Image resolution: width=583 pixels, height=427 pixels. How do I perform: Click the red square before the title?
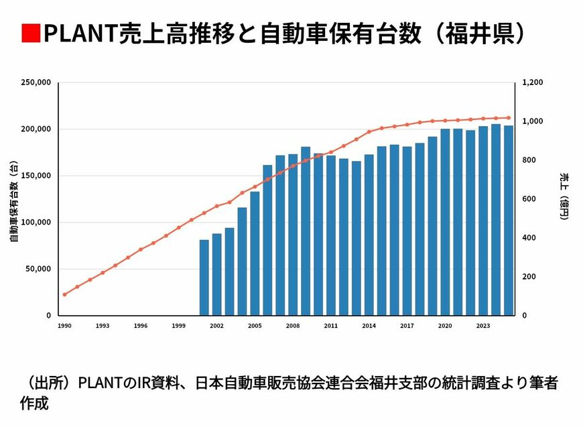pos(30,33)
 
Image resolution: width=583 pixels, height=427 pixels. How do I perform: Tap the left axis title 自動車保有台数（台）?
pos(13,201)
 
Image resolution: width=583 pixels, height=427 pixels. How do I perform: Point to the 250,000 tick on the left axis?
pos(36,82)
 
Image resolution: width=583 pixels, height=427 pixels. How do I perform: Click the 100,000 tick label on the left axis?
pos(36,222)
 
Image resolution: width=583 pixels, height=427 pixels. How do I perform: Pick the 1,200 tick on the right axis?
pos(534,82)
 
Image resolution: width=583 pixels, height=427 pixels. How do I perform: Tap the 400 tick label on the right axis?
pos(529,238)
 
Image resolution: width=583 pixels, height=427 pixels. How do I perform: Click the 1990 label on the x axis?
pos(64,326)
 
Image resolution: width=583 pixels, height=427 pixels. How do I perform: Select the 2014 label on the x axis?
pos(369,326)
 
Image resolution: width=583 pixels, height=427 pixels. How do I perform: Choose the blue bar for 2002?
pos(216,274)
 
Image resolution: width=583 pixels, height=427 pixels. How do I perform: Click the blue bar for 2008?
pos(293,235)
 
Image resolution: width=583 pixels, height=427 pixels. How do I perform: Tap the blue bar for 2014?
pos(369,235)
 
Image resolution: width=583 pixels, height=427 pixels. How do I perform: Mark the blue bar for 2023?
pos(483,221)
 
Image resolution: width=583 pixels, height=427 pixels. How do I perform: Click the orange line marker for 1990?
pos(64,294)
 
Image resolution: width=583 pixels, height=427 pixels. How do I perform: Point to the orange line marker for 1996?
pos(141,249)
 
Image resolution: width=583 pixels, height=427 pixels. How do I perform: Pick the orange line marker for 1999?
pos(179,227)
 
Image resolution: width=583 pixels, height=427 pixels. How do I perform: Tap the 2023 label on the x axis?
pos(483,326)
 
